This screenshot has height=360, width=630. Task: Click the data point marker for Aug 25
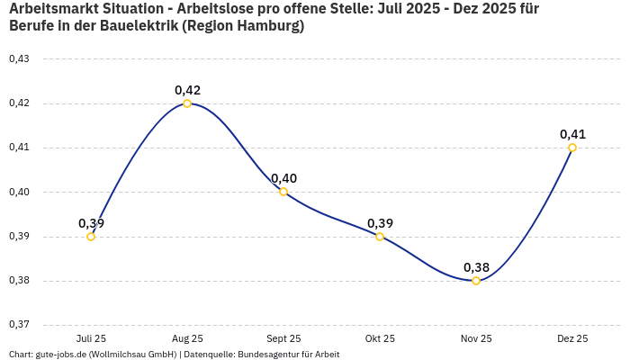(x=187, y=103)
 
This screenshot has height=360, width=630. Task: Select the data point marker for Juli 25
(x=91, y=237)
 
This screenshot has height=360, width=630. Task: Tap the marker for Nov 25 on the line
(x=476, y=281)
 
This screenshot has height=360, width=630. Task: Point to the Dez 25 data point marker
(x=572, y=148)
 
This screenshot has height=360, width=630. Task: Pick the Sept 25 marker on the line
(x=283, y=192)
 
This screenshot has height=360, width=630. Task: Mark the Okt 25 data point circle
(x=380, y=237)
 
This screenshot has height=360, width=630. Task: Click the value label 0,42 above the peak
(x=187, y=90)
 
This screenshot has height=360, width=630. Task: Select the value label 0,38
(x=476, y=267)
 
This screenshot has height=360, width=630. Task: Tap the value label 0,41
(x=572, y=134)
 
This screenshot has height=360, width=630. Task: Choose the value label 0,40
(x=283, y=178)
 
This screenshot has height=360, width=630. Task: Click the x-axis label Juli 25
(x=91, y=338)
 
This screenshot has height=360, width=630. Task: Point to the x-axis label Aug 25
(x=187, y=338)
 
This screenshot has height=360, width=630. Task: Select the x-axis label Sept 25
(x=283, y=338)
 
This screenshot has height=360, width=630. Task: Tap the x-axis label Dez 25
(x=572, y=338)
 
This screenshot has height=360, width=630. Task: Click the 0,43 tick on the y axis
(x=19, y=59)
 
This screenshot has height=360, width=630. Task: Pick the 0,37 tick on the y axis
(x=19, y=325)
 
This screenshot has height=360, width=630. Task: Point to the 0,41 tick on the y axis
(x=19, y=148)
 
